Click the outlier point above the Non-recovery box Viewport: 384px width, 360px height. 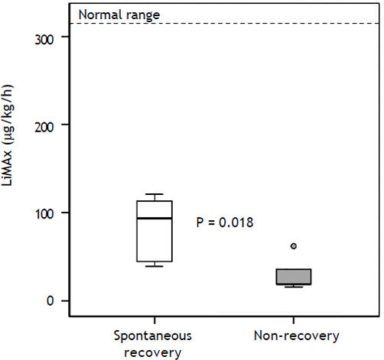coord(293,246)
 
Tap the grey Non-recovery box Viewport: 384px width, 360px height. coord(293,277)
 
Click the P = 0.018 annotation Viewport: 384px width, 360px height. coord(224,222)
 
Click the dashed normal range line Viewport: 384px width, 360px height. coord(229,24)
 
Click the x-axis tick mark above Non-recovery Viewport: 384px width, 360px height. coord(293,321)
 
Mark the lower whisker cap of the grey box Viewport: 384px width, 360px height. coord(293,287)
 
